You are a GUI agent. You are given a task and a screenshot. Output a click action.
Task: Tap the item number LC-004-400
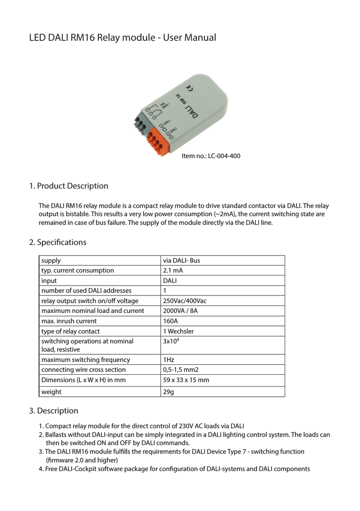pos(211,156)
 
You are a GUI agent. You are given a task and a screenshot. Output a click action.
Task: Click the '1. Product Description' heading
pos(68,186)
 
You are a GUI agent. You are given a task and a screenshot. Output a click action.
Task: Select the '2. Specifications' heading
pos(57,243)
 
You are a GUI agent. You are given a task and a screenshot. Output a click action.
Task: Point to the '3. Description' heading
pos(53,411)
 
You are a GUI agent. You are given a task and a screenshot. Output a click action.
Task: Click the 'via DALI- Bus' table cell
pos(181,260)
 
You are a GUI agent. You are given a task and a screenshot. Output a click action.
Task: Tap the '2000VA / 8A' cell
pos(181,311)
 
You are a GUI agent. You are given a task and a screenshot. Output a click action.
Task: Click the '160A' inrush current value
pos(171,321)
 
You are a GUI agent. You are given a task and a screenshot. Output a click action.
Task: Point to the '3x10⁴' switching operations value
pos(171,341)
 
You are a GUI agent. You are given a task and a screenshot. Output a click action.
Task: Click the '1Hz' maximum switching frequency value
pos(168,359)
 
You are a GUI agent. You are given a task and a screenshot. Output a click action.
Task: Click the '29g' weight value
pos(169,392)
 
